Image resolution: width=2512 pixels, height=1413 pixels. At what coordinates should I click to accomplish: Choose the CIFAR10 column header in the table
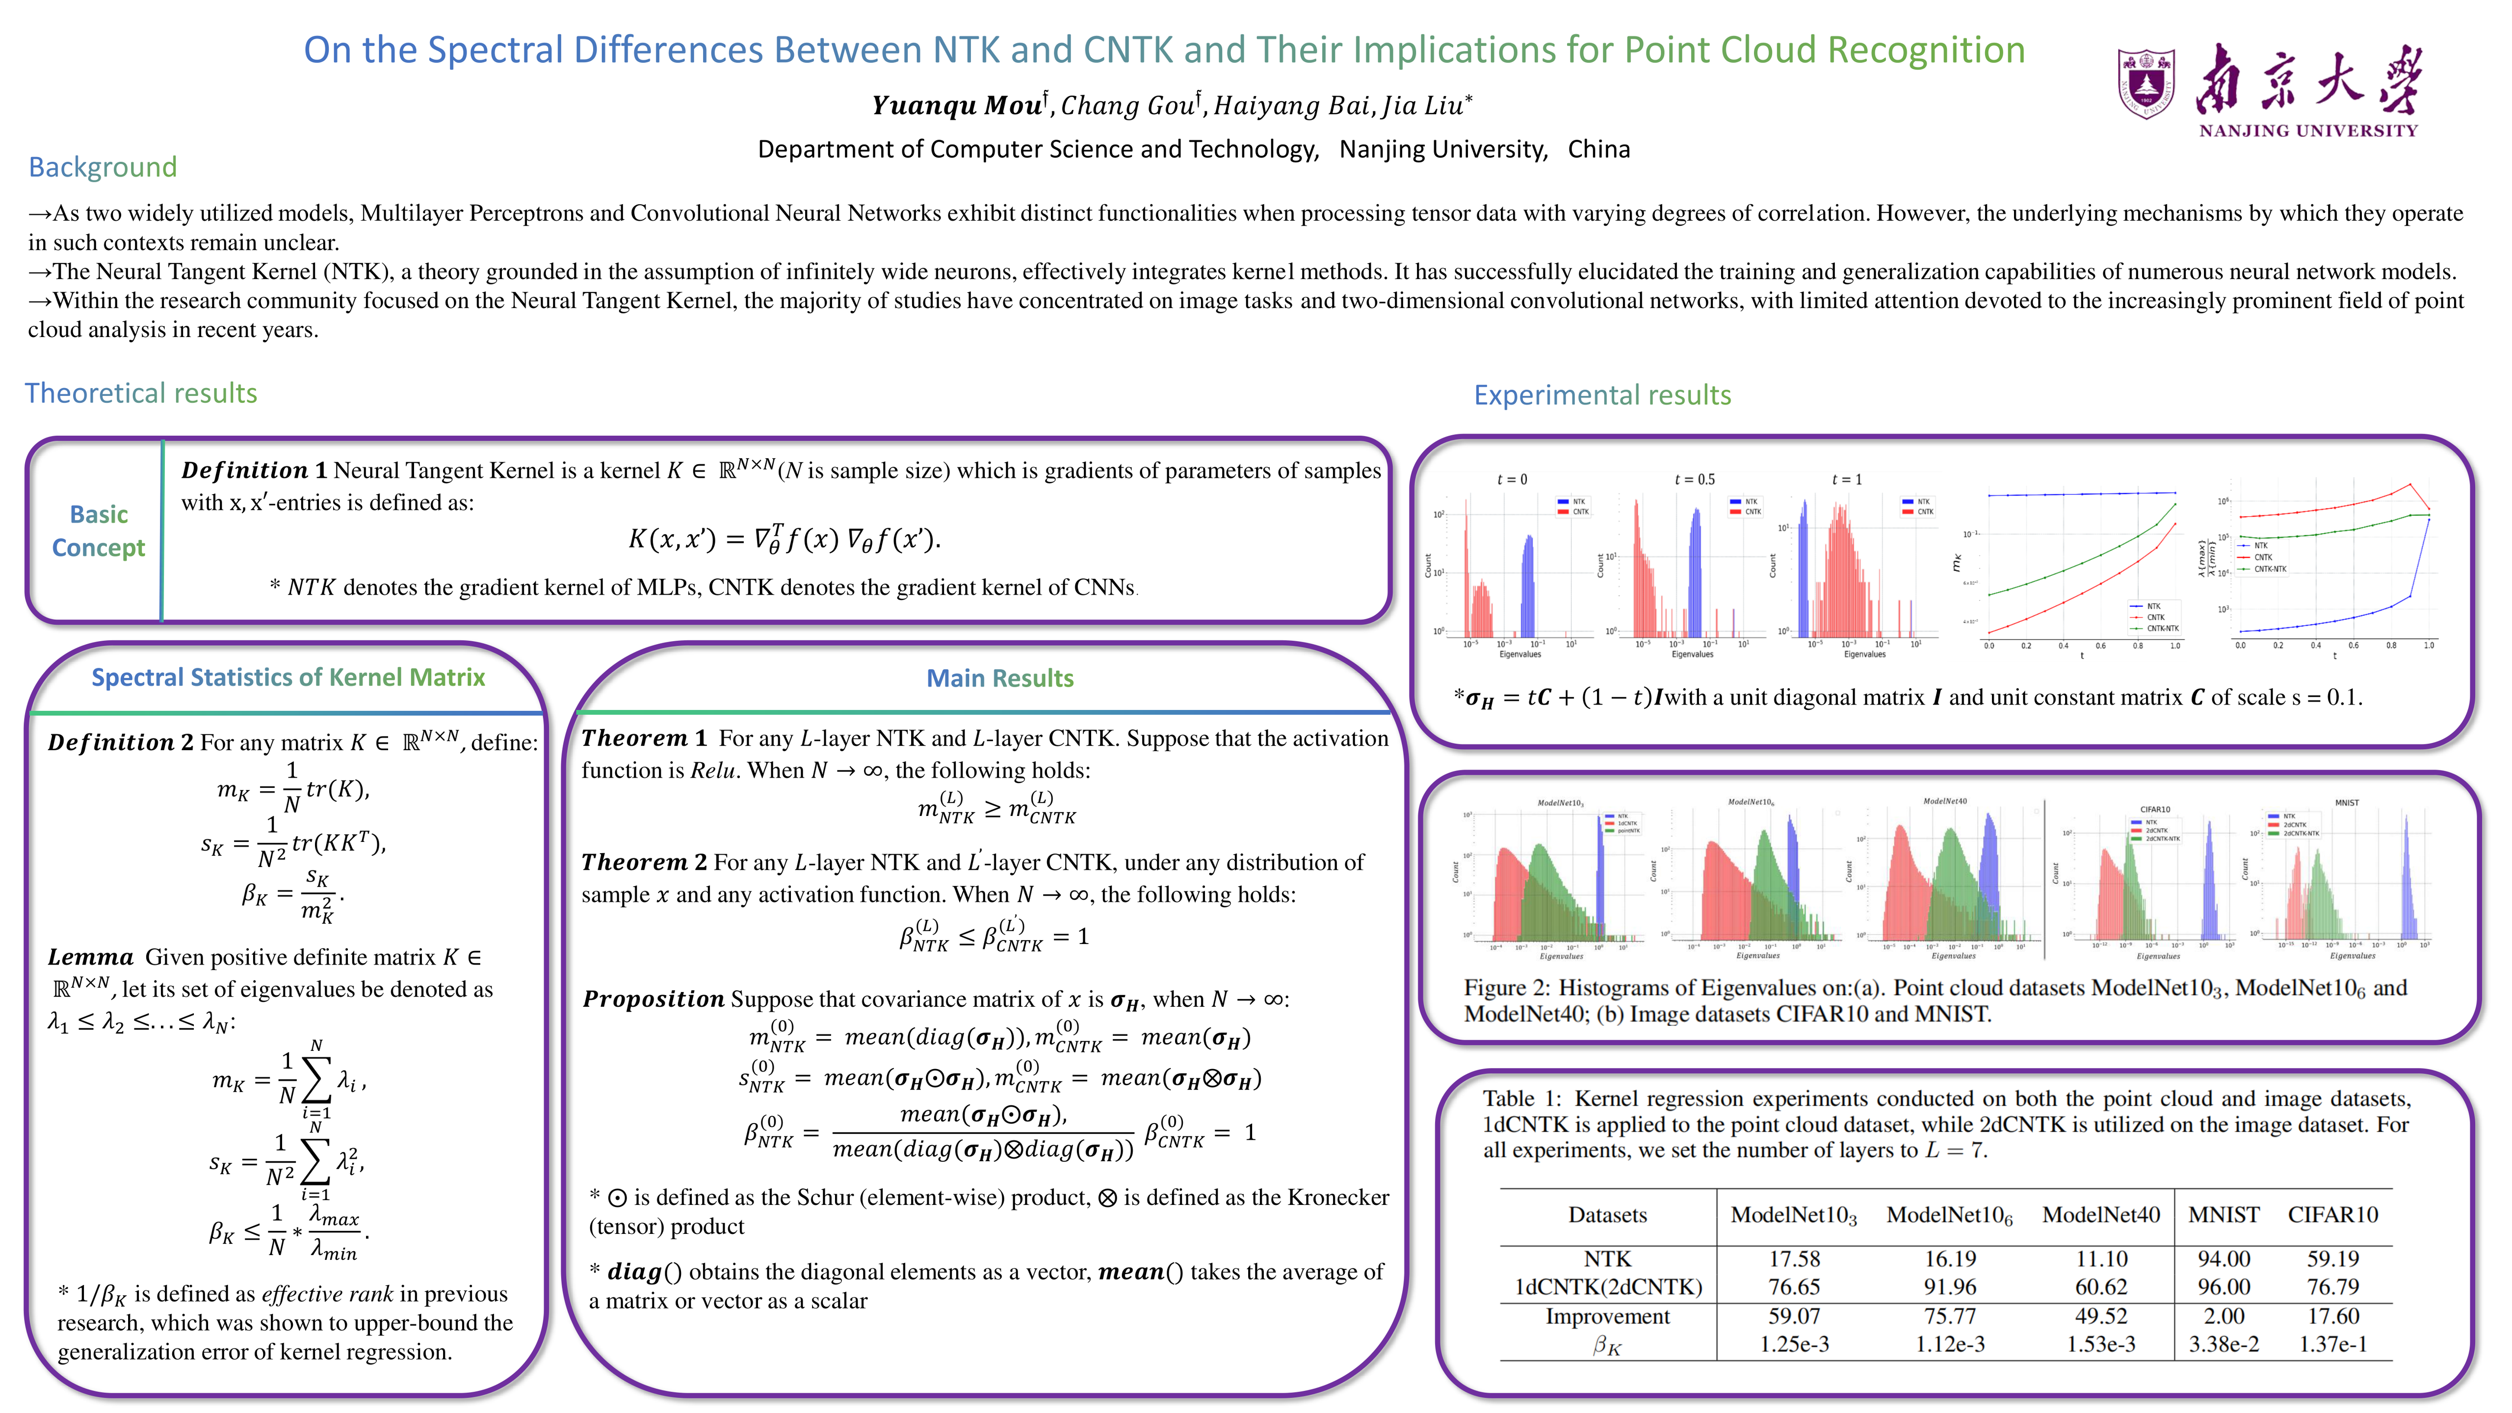coord(2332,1215)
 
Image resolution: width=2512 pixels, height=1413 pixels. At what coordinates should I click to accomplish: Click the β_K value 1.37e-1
coord(2332,1345)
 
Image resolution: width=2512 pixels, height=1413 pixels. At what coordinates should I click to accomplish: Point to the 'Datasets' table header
coord(1607,1215)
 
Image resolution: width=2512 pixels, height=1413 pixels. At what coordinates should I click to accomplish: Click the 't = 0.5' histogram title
coord(1694,480)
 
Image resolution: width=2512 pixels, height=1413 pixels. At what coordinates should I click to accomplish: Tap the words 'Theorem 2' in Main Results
coord(644,863)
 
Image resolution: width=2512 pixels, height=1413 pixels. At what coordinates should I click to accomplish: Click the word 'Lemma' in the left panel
coord(91,958)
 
